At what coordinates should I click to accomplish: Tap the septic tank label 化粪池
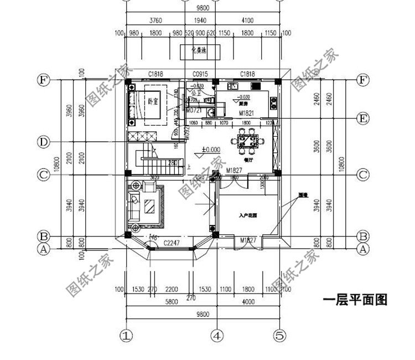199,52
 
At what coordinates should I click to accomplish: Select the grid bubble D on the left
43,142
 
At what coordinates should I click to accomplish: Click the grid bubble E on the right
362,119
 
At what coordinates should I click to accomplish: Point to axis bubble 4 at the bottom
218,336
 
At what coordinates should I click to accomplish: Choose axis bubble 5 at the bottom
281,336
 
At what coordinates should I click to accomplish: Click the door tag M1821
246,113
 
